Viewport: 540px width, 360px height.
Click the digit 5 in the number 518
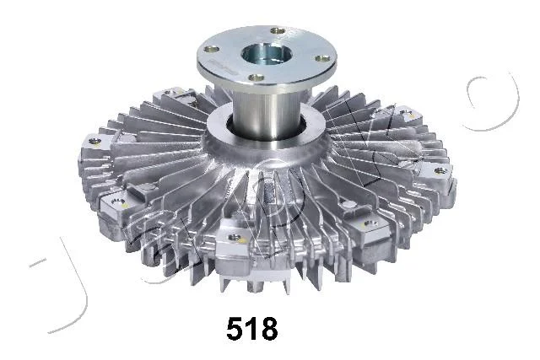coord(235,328)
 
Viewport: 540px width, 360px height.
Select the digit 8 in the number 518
coord(268,328)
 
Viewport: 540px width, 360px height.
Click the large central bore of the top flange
coord(267,54)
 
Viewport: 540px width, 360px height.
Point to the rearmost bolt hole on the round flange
coord(278,31)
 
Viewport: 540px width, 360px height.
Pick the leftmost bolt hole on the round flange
coord(212,49)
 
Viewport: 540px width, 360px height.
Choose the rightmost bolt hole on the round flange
coord(322,58)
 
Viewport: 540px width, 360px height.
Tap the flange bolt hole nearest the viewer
coord(256,78)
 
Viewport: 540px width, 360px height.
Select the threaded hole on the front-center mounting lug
coord(235,238)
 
